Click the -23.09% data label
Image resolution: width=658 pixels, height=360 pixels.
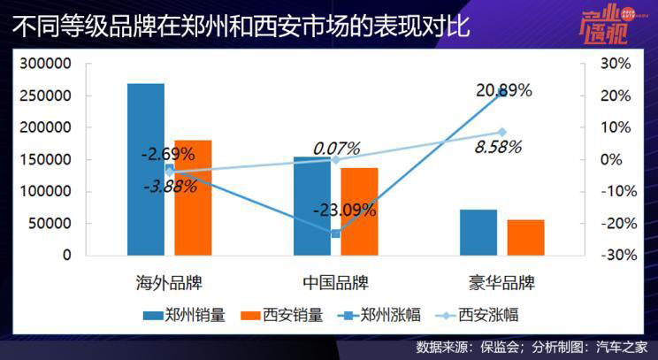344,211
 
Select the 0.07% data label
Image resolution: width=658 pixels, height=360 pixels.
335,148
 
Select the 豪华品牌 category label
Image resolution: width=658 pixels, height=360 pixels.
501,284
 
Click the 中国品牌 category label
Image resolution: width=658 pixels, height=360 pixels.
335,284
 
